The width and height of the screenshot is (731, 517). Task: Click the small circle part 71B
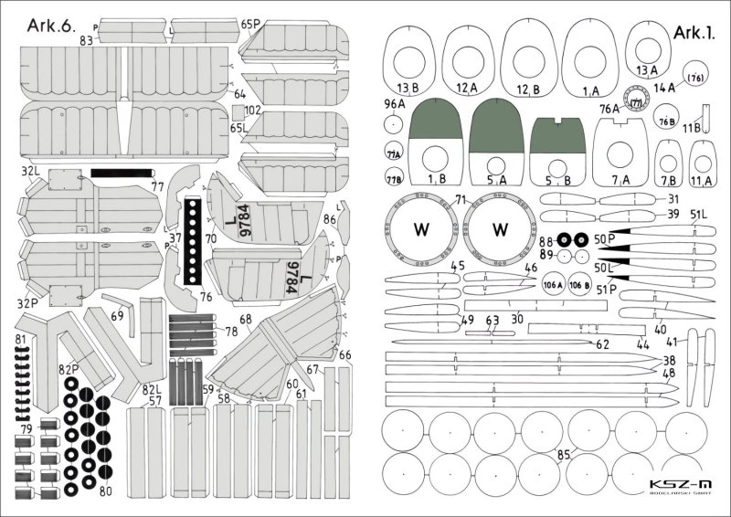pyautogui.click(x=394, y=177)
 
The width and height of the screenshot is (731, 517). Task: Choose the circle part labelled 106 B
pyautogui.click(x=578, y=285)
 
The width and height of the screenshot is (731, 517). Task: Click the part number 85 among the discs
pyautogui.click(x=564, y=455)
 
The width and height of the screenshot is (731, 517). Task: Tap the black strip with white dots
pyautogui.click(x=192, y=242)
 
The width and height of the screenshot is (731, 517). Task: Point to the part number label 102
pyautogui.click(x=253, y=111)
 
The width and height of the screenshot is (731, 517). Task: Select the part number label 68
pyautogui.click(x=246, y=319)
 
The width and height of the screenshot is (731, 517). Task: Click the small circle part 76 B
pyautogui.click(x=665, y=121)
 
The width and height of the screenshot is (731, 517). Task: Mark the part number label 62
pyautogui.click(x=601, y=344)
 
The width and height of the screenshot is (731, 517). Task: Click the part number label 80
pyautogui.click(x=106, y=491)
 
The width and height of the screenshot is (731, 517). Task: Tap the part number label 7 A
pyautogui.click(x=621, y=180)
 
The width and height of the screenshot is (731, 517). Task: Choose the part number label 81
pyautogui.click(x=20, y=340)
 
